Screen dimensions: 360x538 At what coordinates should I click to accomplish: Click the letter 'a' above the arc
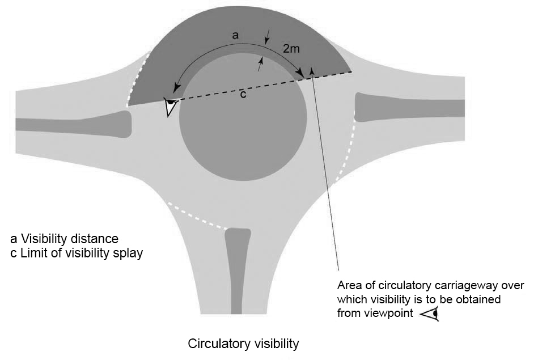[x=236, y=35]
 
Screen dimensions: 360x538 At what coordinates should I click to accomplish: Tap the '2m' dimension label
[x=291, y=49]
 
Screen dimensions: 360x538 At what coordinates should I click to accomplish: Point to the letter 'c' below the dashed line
[x=242, y=94]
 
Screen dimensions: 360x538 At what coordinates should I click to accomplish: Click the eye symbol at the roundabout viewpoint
[x=170, y=107]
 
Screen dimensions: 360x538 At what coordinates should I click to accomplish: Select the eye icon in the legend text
[x=430, y=313]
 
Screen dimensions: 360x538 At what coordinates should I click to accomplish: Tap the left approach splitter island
[x=74, y=125]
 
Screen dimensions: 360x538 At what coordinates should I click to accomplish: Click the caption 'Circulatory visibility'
[x=243, y=344]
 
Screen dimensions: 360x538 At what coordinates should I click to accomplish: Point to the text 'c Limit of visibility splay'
[x=77, y=253]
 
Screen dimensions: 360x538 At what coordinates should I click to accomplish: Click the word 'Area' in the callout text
[x=349, y=285]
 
